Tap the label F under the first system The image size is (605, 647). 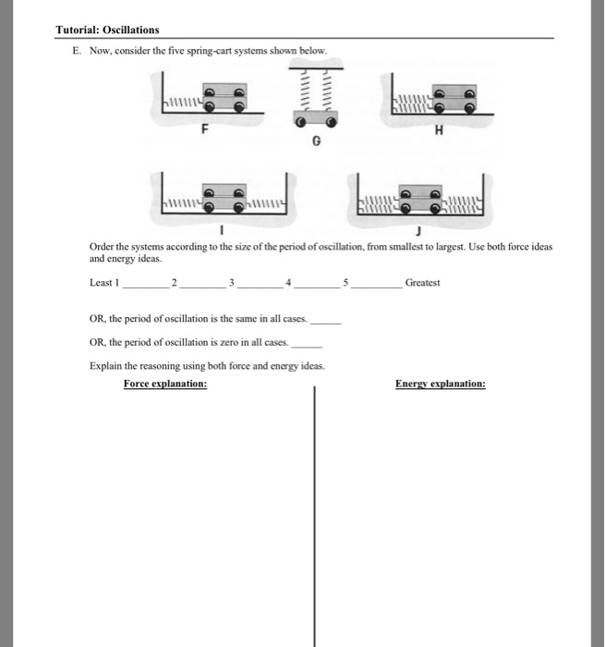tap(204, 130)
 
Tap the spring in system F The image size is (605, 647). tap(184, 103)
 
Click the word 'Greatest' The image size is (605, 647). tap(422, 283)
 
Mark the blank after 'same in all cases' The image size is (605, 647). tap(326, 323)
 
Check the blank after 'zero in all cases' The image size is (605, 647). tap(307, 344)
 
